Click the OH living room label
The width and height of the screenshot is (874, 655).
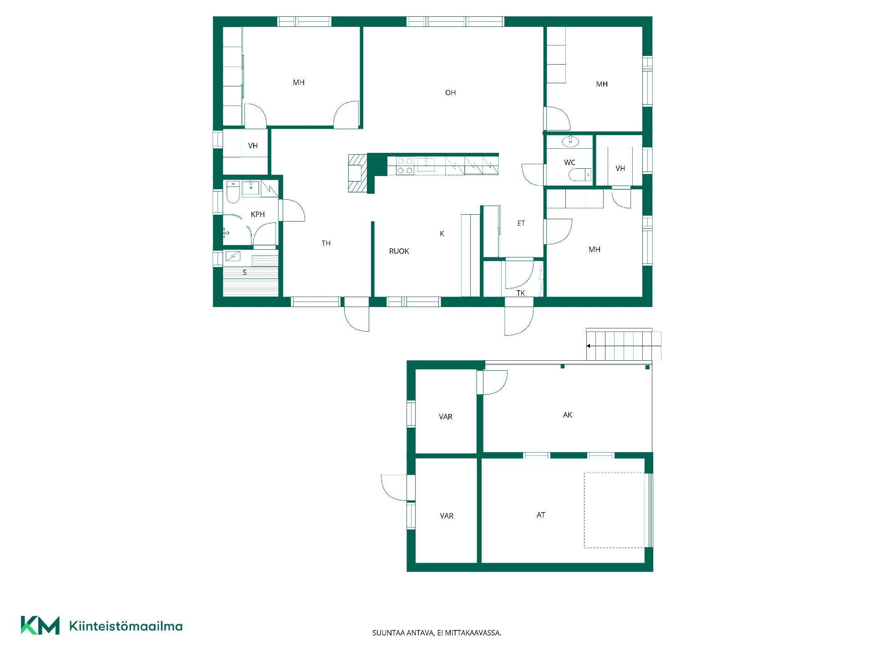[450, 93]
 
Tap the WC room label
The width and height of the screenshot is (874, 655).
[569, 162]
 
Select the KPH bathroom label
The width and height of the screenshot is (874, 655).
[258, 214]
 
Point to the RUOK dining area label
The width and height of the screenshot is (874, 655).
[399, 251]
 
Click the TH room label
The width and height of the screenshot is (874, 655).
[326, 243]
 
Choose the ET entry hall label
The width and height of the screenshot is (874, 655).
[521, 223]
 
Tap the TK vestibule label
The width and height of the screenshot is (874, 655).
[521, 293]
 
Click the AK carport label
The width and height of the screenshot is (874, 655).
[568, 415]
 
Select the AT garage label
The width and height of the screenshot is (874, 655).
[541, 515]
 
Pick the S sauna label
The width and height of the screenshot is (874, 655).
[245, 272]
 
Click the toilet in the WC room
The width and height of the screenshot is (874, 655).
[580, 174]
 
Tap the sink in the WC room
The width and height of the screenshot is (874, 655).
[570, 142]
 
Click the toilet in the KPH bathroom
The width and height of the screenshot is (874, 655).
[233, 192]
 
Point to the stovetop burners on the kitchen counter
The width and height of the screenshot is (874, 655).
[405, 166]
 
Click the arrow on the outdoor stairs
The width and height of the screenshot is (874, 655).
[624, 346]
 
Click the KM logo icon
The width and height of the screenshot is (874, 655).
[40, 625]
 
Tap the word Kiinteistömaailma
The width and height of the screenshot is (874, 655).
[126, 626]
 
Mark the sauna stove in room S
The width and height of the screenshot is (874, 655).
[233, 256]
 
